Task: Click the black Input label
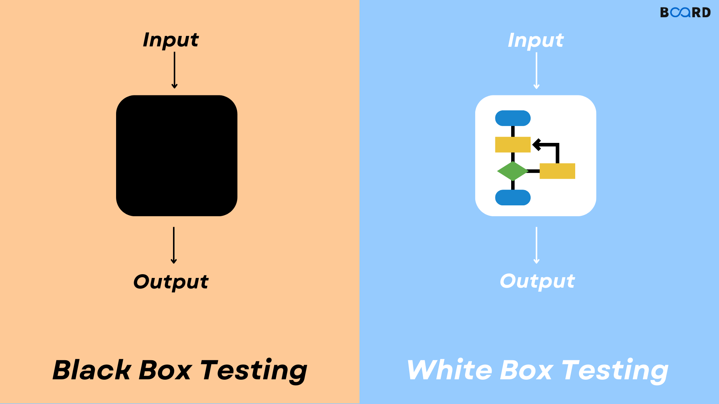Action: (x=171, y=40)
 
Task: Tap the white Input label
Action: (x=536, y=40)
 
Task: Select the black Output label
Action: (x=171, y=282)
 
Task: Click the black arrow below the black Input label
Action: (x=175, y=70)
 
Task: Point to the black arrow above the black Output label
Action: (x=174, y=245)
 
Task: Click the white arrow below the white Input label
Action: (x=536, y=71)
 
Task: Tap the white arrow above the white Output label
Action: (x=536, y=245)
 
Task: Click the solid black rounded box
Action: (x=177, y=156)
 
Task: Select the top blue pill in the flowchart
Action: (x=513, y=118)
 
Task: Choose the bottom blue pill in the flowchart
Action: (x=513, y=198)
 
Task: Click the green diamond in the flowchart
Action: (x=512, y=171)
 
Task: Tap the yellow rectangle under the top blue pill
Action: (x=513, y=144)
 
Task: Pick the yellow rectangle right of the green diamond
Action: (x=557, y=171)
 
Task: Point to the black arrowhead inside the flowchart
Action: (x=537, y=144)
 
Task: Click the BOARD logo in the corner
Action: (x=685, y=12)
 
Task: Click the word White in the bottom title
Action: (x=449, y=370)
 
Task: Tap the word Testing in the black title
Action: (x=254, y=370)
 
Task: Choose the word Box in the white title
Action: (x=526, y=370)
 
